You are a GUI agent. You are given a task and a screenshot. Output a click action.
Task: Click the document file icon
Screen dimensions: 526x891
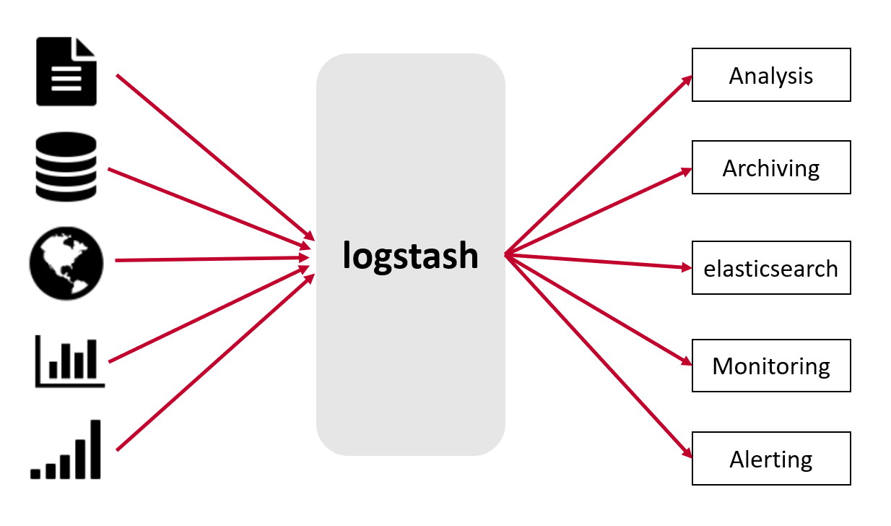click(66, 72)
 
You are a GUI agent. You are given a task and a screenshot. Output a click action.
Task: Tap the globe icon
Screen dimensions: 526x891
click(66, 260)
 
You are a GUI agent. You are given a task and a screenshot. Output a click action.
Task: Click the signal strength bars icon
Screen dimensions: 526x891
click(66, 449)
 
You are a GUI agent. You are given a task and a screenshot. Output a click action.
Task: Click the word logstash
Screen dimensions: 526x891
click(410, 255)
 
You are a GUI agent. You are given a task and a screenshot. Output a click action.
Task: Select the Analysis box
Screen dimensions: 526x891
click(771, 75)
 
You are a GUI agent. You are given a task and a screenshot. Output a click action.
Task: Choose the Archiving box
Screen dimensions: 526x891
click(771, 168)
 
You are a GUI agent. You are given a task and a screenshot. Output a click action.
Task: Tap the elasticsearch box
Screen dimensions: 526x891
click(771, 268)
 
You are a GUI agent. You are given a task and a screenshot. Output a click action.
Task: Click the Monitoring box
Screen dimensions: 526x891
click(771, 366)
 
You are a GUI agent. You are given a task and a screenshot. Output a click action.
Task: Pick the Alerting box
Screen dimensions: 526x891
click(771, 459)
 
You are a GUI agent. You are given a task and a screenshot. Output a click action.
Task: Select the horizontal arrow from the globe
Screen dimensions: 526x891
click(212, 259)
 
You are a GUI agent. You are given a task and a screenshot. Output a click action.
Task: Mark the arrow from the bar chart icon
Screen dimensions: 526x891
click(210, 315)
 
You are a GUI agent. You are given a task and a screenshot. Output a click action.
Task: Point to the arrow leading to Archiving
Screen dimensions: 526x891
click(598, 212)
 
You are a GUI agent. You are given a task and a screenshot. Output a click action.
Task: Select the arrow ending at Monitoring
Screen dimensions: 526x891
click(598, 309)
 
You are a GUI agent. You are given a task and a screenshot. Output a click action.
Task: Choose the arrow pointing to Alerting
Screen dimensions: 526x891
click(598, 355)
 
